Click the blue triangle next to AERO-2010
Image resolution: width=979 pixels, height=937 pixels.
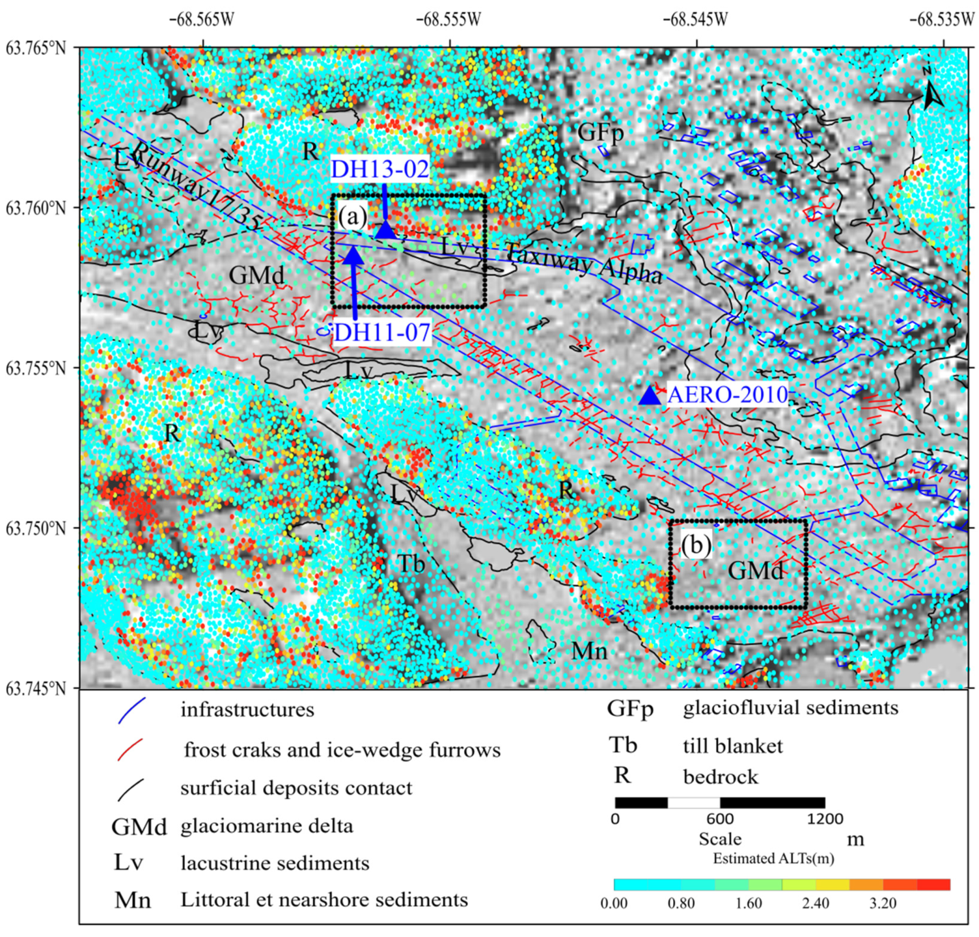(x=650, y=396)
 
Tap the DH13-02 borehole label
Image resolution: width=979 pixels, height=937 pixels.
(x=379, y=169)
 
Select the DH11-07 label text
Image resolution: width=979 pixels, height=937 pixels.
(x=382, y=332)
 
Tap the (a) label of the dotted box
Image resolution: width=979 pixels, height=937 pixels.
(x=352, y=217)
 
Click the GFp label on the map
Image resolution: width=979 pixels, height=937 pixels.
(x=600, y=133)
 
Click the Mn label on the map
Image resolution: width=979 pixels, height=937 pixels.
(x=589, y=651)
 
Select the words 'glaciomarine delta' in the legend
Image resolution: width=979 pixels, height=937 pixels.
(x=267, y=826)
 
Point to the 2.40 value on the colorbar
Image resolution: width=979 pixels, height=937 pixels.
(x=815, y=903)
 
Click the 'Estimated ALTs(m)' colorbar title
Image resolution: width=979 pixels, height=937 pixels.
(x=773, y=859)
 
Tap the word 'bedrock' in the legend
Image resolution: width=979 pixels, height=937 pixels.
(x=720, y=777)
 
